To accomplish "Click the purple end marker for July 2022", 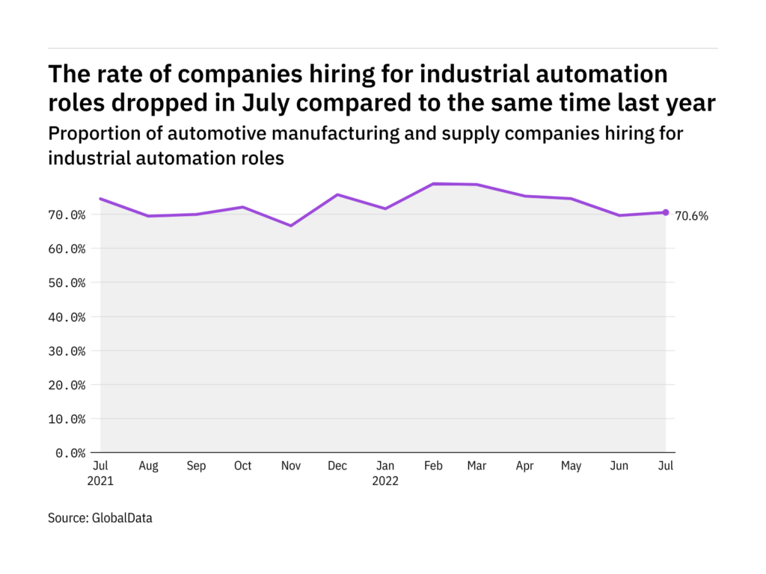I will pos(666,212).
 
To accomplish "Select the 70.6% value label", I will pos(691,217).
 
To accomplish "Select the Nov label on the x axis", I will pos(290,466).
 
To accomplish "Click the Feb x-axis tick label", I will pos(432,466).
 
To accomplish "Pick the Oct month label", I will pos(243,466).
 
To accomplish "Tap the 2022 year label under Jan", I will pos(385,481).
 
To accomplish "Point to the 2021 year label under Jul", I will pos(100,481).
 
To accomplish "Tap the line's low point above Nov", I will pos(290,226).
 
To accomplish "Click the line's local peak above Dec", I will pos(338,194).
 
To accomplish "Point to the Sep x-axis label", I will pos(196,466).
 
